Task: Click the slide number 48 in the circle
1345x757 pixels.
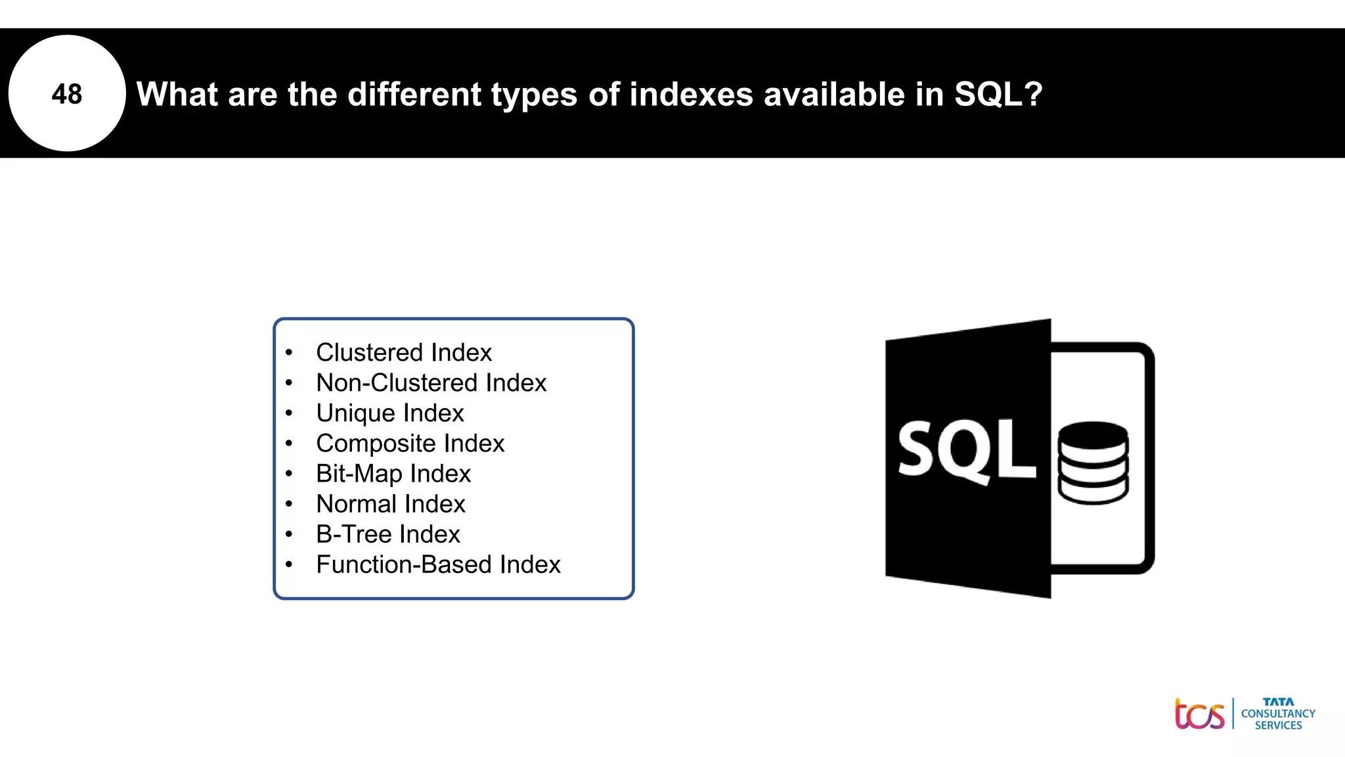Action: (66, 94)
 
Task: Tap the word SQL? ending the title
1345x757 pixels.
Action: (998, 94)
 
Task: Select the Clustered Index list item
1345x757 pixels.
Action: (403, 353)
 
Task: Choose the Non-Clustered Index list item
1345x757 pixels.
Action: (431, 383)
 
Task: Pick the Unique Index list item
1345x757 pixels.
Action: (389, 413)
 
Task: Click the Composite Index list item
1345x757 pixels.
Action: (410, 444)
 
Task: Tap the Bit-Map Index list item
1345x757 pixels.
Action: (393, 474)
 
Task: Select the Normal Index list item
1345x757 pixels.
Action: (390, 504)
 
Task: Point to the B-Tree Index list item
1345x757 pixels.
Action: (387, 534)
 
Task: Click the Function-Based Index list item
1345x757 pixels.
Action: (438, 564)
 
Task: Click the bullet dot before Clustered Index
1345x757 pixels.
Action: (289, 353)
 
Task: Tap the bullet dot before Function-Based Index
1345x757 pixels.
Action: (289, 564)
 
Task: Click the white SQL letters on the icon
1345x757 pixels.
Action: (965, 451)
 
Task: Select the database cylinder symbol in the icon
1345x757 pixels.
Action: (1093, 463)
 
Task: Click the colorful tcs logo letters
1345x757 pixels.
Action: (1199, 714)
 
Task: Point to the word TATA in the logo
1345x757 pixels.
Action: (1278, 702)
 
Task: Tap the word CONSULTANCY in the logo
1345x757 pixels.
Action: (1278, 714)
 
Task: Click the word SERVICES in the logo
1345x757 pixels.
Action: (1278, 725)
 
